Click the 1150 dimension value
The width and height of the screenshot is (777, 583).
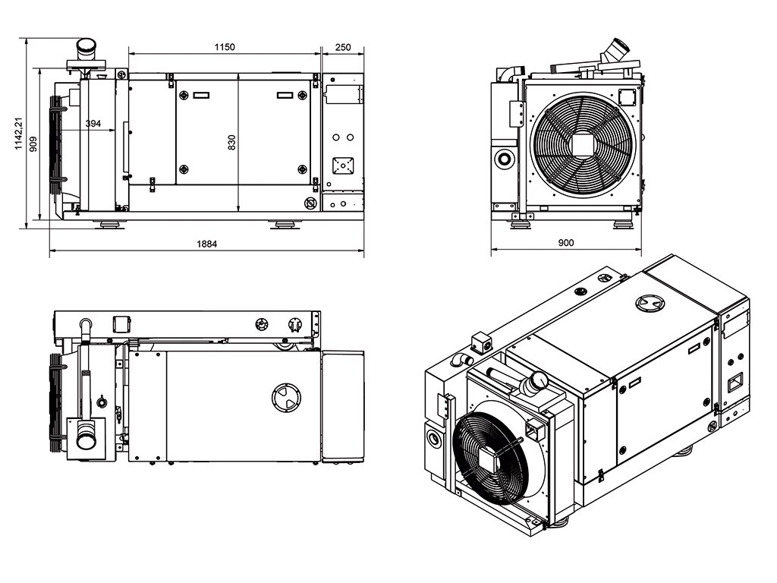[x=224, y=47]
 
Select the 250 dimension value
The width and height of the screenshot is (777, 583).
[x=343, y=47]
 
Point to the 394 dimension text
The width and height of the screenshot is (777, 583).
[x=93, y=124]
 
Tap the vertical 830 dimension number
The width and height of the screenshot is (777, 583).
[x=232, y=142]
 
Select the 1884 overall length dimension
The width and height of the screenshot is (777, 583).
[x=206, y=244]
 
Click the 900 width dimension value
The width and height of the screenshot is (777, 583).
[x=566, y=244]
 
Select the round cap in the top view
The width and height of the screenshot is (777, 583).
[x=286, y=397]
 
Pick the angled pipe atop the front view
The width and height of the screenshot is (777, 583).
[x=613, y=52]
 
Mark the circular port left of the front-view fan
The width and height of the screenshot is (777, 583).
[x=503, y=159]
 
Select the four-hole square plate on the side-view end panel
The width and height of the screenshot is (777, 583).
[x=342, y=165]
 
